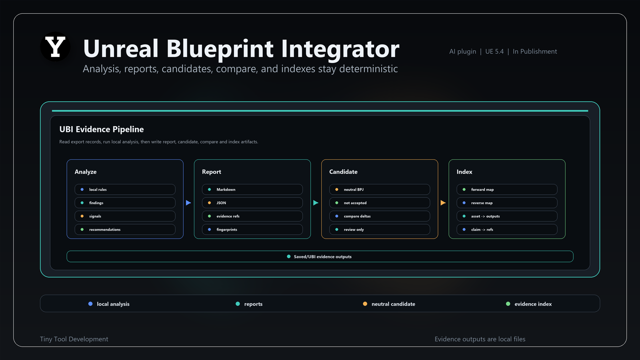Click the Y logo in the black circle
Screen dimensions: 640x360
(x=55, y=47)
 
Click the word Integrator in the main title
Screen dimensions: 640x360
(x=340, y=49)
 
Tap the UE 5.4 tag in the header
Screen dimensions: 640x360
(x=494, y=51)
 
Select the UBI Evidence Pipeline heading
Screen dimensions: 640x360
(x=102, y=129)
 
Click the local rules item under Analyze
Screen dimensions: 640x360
(x=125, y=189)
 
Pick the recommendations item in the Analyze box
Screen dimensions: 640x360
(x=125, y=229)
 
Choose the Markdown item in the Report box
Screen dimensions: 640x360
(x=252, y=189)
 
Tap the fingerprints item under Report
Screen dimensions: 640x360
(x=252, y=229)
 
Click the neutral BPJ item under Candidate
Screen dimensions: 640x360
(x=380, y=189)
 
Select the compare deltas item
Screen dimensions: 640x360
(x=380, y=216)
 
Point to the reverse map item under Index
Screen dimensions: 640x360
(x=507, y=203)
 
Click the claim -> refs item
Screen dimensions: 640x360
(x=507, y=229)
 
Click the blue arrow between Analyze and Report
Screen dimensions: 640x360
(x=188, y=203)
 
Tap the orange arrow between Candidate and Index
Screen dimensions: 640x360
(x=443, y=203)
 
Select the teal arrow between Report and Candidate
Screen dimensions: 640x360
(x=316, y=203)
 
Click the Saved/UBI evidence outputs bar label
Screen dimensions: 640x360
(x=323, y=257)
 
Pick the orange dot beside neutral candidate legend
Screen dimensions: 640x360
(x=365, y=304)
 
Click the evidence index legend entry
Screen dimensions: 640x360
(x=529, y=304)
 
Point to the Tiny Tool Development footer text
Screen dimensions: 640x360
(x=74, y=339)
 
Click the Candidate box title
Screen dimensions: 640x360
(x=343, y=172)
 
